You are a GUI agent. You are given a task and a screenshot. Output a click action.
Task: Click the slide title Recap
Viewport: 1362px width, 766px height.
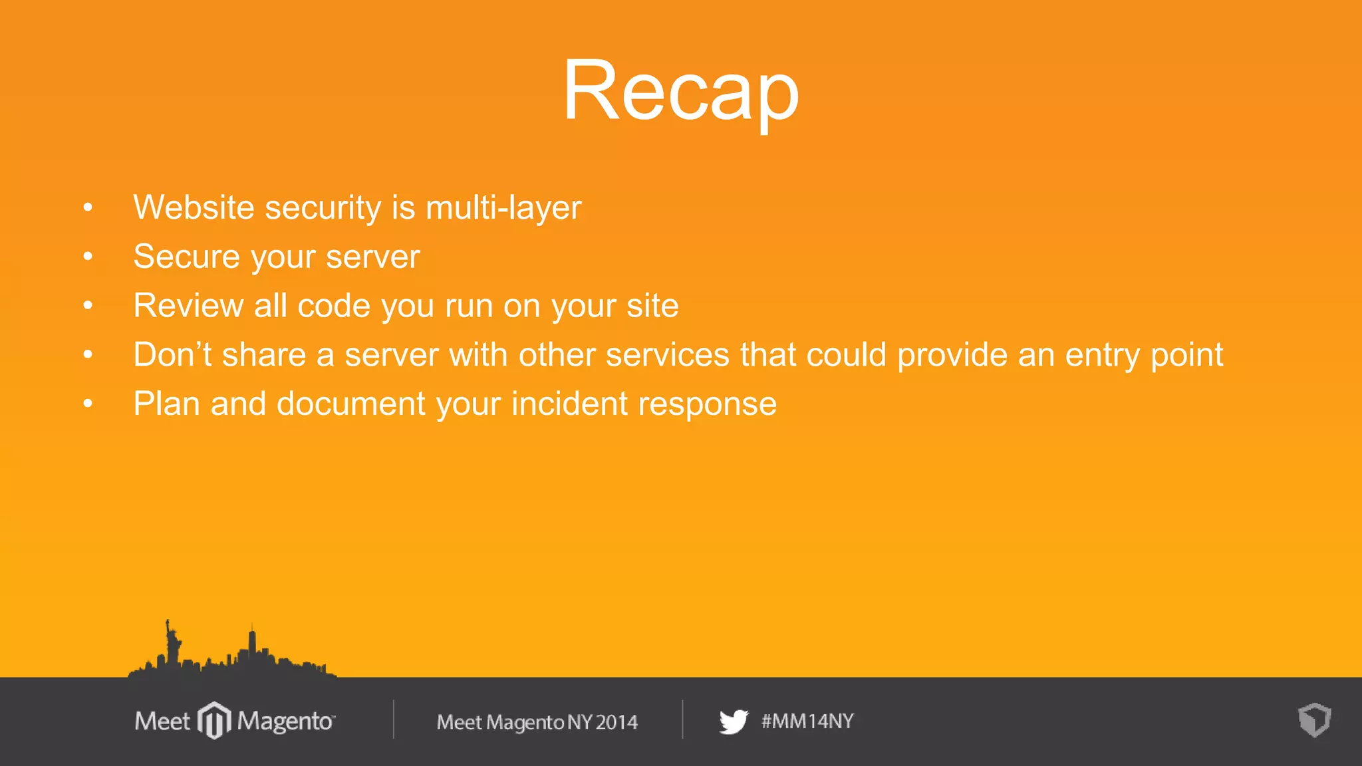pos(680,90)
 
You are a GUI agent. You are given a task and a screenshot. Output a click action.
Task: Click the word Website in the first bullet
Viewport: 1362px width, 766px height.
pos(194,207)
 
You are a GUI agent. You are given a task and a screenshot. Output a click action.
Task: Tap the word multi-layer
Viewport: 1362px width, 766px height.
pos(503,207)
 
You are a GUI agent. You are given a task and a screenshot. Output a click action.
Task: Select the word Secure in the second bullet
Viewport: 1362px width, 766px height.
pos(186,257)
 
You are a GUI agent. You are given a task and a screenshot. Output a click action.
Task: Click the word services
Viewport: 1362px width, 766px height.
pos(667,354)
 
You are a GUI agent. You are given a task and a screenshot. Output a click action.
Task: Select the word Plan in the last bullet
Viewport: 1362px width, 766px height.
pos(166,404)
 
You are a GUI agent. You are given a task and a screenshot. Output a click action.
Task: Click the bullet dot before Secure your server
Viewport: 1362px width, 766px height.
pos(88,257)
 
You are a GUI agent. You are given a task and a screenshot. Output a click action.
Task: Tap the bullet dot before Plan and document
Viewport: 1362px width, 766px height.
pos(88,404)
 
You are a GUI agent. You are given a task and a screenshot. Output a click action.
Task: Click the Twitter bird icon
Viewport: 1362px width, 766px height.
pos(734,721)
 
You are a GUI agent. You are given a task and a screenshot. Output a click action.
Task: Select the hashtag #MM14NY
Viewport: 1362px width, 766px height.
pos(807,721)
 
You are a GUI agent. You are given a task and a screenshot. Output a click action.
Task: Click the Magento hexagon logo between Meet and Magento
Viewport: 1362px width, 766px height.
pos(214,720)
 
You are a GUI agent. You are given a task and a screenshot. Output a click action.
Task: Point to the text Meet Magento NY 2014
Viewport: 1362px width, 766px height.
pos(537,722)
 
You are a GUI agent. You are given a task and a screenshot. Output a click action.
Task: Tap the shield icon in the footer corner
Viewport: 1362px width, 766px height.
pos(1314,720)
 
